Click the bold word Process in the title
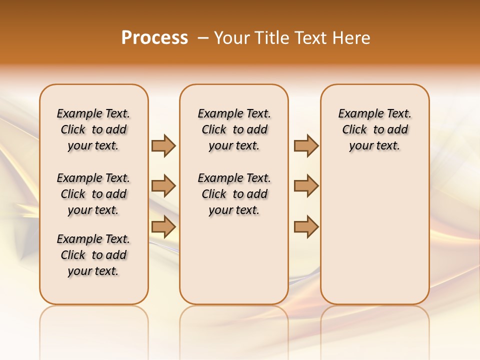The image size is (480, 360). click(154, 37)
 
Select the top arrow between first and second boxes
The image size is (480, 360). click(163, 145)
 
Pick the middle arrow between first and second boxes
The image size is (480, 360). click(163, 186)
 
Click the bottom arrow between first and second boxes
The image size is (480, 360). click(163, 226)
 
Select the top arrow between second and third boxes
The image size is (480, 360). click(306, 145)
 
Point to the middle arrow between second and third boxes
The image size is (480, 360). click(306, 186)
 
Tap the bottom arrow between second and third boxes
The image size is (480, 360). click(306, 226)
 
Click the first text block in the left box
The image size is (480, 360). click(93, 129)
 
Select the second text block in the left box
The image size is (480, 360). click(93, 194)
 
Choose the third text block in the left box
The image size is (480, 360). click(93, 255)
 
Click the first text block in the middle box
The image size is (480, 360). click(234, 129)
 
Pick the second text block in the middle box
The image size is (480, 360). click(234, 194)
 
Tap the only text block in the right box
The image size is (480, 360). click(374, 129)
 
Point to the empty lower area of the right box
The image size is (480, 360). click(374, 235)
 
